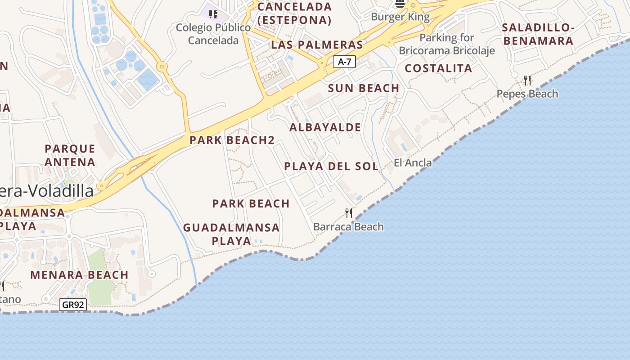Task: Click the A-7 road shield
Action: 344,62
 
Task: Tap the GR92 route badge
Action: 72,305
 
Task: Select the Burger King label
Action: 400,17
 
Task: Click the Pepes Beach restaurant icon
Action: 527,81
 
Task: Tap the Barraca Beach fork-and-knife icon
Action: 349,212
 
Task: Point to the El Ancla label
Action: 413,162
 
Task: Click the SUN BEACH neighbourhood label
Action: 364,88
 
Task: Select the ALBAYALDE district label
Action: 325,127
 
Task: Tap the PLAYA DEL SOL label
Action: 331,166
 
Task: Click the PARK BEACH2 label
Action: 232,140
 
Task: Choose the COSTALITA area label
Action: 438,68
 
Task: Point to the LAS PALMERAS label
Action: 317,45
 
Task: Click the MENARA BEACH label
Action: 79,274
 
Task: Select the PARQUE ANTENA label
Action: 70,155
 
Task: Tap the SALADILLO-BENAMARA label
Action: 538,34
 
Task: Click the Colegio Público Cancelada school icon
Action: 213,14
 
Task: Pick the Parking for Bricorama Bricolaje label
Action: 446,44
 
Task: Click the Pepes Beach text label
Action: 527,94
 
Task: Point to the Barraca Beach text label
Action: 348,227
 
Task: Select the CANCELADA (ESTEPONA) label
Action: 294,13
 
